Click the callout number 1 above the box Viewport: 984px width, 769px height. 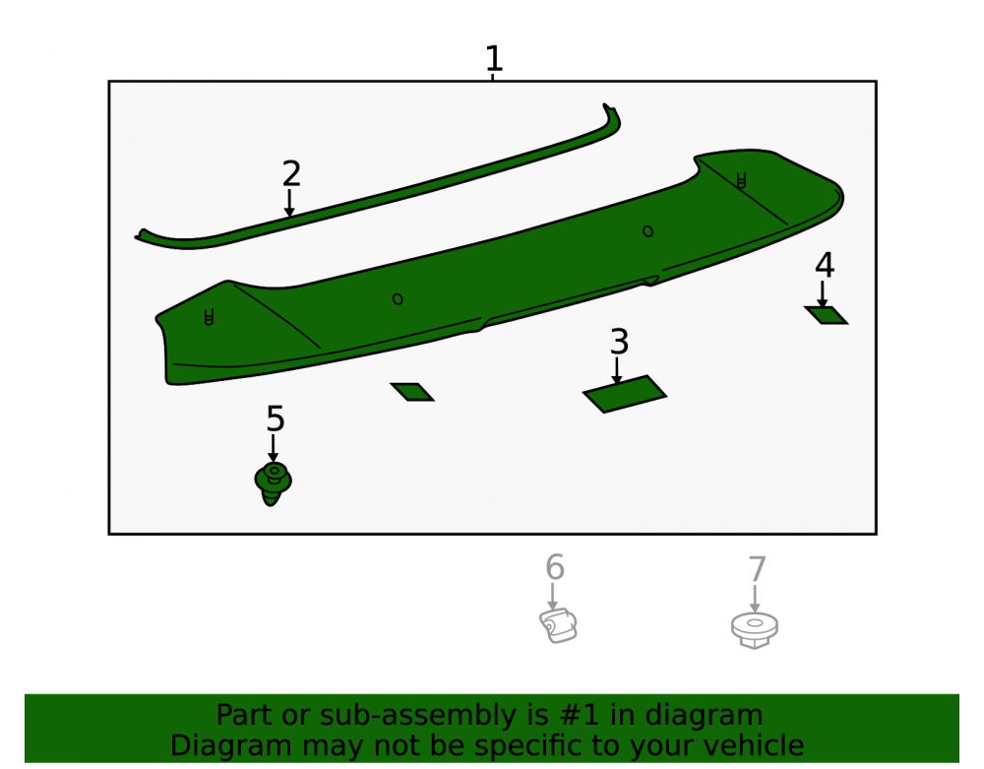click(494, 58)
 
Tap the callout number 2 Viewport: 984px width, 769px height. click(291, 174)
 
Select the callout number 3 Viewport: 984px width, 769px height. click(619, 342)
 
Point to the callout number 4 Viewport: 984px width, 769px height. click(825, 265)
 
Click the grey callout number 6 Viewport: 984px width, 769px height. click(555, 567)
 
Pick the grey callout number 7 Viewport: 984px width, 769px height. click(758, 569)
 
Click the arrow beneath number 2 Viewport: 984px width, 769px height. click(289, 203)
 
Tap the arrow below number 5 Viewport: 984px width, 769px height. click(273, 448)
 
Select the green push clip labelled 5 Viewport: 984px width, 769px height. click(273, 483)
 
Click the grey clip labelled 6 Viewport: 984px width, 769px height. click(558, 625)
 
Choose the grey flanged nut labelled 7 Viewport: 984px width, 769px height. click(755, 630)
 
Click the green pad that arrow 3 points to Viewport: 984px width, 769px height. click(625, 394)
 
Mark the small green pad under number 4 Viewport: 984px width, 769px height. click(826, 315)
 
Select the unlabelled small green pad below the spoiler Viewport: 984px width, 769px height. click(411, 392)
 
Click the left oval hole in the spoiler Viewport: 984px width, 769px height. click(398, 299)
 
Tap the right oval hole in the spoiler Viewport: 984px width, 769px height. click(648, 231)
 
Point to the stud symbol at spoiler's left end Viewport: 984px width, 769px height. click(209, 317)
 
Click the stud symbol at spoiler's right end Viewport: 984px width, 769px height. click(741, 181)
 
